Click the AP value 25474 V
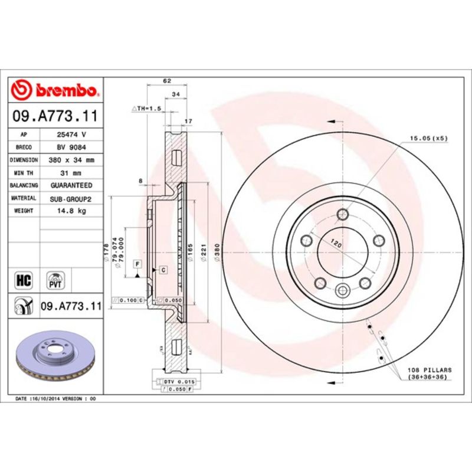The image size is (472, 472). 71,135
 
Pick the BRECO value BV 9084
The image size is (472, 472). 71,147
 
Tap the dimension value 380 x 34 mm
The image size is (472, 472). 71,160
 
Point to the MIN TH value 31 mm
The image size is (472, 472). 71,173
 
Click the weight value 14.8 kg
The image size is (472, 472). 71,211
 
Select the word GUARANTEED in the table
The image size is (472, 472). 71,185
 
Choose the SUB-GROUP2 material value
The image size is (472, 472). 71,198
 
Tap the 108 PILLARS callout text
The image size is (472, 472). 429,373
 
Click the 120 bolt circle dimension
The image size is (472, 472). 337,242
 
